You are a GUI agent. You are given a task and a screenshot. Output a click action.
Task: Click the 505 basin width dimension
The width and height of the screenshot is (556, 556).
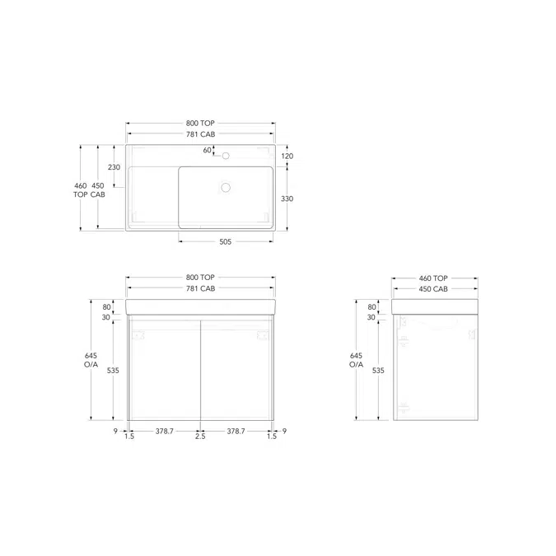coord(225,242)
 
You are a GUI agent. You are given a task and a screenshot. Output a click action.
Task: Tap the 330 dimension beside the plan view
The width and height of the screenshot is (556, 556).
coord(287,199)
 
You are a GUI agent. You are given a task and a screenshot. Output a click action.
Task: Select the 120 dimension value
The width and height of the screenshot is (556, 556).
coord(287,156)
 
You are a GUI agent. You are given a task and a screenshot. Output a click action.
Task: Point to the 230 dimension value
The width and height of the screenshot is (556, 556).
coord(114,167)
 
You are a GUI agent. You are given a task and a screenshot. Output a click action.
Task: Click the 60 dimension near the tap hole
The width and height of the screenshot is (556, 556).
coord(207,151)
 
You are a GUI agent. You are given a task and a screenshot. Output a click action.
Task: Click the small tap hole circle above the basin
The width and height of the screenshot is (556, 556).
coord(226,156)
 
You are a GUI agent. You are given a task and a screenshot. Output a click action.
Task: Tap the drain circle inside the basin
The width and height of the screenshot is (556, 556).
coord(226,188)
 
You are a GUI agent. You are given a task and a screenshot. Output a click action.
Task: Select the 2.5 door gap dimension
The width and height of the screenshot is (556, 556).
coord(200,436)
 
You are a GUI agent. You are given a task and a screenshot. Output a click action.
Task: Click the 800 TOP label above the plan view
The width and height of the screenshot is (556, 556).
coord(200,123)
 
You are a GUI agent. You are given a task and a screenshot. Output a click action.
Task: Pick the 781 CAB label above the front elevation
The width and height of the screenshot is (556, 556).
coord(201,288)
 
